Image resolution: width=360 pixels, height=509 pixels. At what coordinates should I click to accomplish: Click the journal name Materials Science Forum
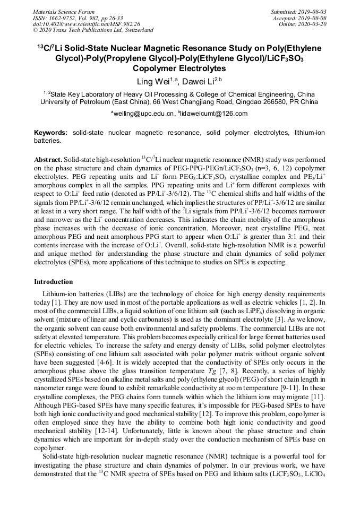(x=64, y=12)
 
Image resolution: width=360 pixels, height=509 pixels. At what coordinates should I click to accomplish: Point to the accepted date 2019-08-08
(x=312, y=18)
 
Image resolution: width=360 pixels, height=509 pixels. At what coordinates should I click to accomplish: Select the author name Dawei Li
(x=203, y=81)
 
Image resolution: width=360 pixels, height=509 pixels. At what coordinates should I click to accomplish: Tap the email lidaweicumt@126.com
(x=215, y=114)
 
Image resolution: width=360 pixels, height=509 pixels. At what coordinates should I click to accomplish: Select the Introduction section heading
(x=54, y=282)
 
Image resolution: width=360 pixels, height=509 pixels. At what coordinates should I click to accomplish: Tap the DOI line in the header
(x=87, y=24)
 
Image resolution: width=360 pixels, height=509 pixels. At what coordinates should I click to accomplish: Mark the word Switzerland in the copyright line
(x=135, y=30)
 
